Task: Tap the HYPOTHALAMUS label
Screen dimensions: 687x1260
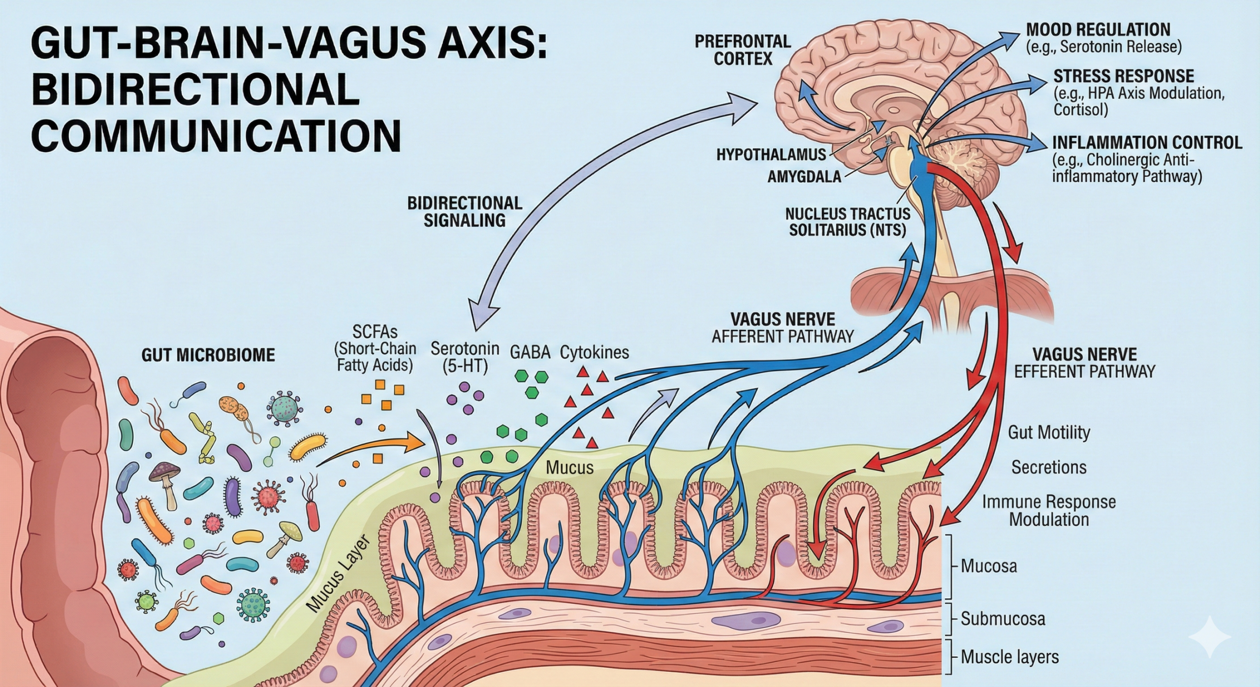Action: point(771,155)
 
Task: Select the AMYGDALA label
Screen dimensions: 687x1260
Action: point(804,176)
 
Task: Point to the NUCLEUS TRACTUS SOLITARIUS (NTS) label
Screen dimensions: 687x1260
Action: point(848,221)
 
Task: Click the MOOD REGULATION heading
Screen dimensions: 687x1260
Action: point(1098,30)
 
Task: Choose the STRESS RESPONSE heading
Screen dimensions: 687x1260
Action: point(1124,76)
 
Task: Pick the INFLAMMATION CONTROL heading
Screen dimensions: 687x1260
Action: point(1147,143)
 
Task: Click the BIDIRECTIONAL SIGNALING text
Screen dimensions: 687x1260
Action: point(465,212)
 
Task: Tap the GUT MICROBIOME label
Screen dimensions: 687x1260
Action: point(208,355)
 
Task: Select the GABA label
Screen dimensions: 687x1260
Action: point(530,352)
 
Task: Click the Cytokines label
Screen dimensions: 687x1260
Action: point(595,352)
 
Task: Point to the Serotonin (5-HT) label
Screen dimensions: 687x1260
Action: point(465,357)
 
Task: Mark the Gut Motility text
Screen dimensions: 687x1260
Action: point(1049,433)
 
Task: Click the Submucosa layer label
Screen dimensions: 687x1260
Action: point(1003,619)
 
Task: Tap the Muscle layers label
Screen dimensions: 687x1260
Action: point(1009,656)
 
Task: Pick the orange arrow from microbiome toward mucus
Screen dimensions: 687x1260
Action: point(374,445)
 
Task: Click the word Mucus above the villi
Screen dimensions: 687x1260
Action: point(569,467)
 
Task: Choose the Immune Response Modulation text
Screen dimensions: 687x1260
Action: point(1048,510)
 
